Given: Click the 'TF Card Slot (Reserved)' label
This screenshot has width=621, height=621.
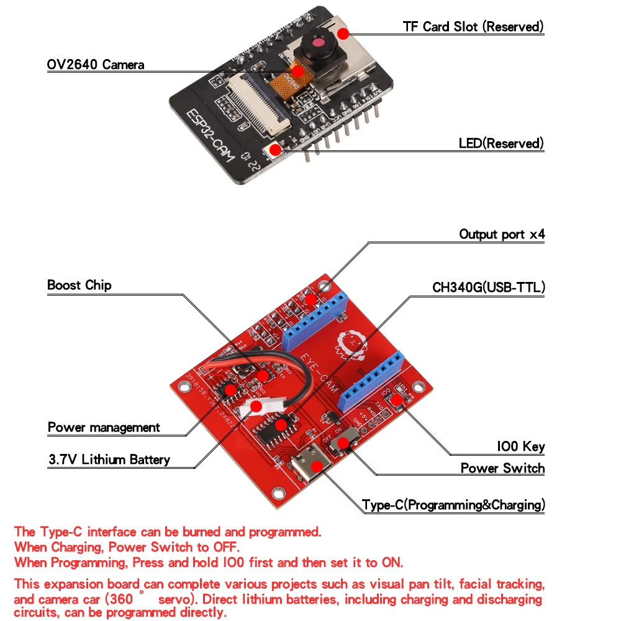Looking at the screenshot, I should pos(473,27).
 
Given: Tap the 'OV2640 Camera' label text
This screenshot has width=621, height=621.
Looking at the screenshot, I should pos(96,65).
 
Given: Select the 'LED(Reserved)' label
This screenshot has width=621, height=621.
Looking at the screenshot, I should pos(501,143).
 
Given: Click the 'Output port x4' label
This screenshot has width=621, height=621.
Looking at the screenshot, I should pos(502,235).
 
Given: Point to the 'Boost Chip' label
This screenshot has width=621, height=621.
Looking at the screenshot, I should pos(79,286).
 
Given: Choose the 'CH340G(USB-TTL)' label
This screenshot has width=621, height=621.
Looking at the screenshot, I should pos(489,288).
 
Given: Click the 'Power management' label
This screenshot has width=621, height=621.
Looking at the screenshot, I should pos(104,428).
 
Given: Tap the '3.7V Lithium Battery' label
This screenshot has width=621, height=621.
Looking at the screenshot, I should pos(109,460).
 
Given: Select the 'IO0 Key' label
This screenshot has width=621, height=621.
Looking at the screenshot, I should pos(520,446).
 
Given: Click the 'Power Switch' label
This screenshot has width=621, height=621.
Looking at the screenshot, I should pos(502,468).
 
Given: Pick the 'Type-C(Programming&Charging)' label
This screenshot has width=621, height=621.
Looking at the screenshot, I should pos(453,505).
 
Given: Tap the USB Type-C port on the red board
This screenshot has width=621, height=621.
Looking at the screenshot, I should pos(315,466).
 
